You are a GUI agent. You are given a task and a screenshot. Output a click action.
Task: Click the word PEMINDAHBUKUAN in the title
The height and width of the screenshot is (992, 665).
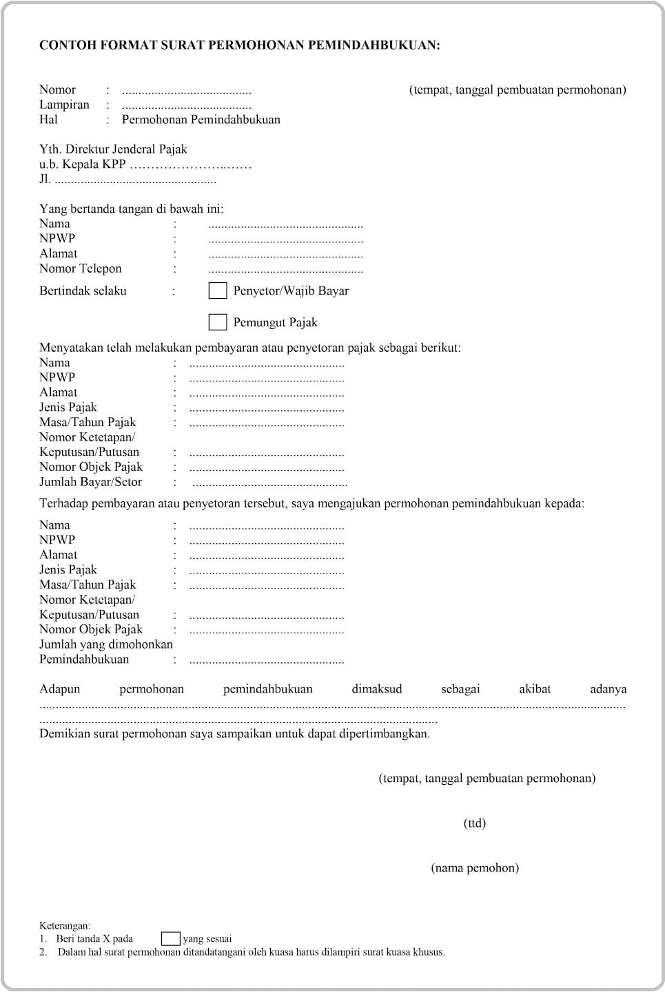click(x=371, y=45)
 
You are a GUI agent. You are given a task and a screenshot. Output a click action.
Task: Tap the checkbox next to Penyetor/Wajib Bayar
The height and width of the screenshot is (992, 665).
click(x=218, y=291)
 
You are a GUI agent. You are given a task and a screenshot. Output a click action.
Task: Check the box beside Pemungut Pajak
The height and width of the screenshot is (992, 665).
click(x=218, y=322)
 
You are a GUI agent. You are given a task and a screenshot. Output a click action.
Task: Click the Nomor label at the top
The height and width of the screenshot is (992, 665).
click(x=57, y=89)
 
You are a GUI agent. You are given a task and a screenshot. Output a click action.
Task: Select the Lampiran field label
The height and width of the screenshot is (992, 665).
click(x=64, y=105)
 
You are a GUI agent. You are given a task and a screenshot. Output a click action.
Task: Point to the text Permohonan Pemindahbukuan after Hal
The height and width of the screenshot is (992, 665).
click(x=201, y=120)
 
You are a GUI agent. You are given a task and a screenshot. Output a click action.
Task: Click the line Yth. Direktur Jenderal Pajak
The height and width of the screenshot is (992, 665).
click(x=113, y=149)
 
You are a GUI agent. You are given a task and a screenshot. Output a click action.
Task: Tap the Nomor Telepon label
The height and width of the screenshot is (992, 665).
click(x=80, y=268)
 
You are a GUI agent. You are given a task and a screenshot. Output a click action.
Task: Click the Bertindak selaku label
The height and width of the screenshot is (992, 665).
click(x=83, y=291)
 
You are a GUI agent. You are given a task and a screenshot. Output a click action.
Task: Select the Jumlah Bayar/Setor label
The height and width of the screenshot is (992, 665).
click(x=90, y=482)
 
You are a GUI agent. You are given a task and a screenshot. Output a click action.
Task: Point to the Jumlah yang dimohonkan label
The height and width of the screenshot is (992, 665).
click(x=106, y=644)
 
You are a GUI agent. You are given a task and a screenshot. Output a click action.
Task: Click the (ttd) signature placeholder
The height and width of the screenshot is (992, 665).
click(x=475, y=823)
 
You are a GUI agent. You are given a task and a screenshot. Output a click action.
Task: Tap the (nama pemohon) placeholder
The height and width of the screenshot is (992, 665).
click(x=475, y=868)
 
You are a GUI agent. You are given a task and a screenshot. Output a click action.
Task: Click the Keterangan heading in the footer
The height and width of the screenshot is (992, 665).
click(x=65, y=926)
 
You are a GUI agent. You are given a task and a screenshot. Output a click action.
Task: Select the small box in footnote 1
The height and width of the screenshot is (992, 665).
click(x=170, y=939)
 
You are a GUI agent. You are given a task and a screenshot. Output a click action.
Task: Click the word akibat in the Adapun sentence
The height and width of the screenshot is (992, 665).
click(x=535, y=689)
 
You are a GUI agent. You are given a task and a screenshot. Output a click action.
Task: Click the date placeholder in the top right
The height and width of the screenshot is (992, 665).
click(x=518, y=89)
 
